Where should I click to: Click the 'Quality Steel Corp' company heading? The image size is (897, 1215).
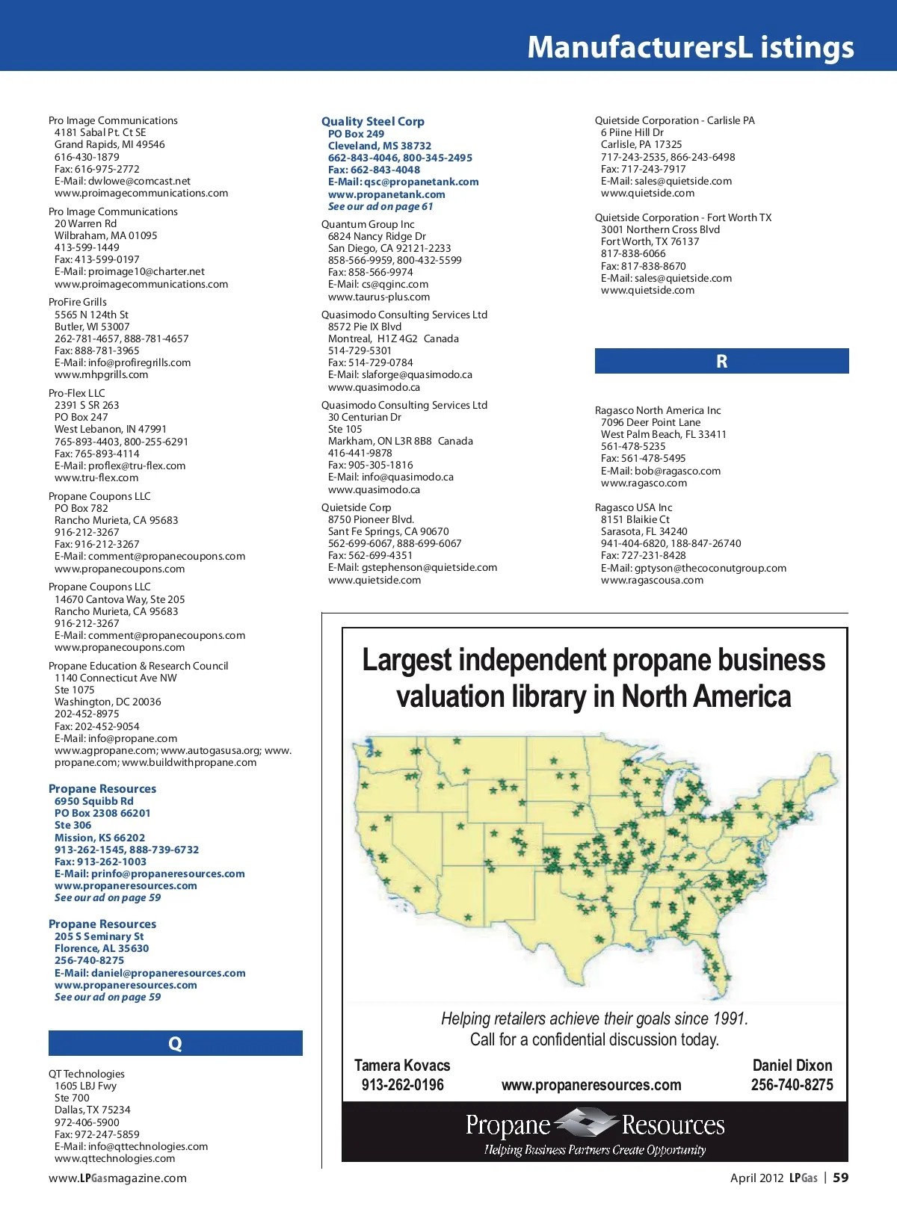[372, 121]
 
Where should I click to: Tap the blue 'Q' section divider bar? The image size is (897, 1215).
[175, 1043]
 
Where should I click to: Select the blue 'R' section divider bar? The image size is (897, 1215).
[721, 361]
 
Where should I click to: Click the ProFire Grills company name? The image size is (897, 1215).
[78, 302]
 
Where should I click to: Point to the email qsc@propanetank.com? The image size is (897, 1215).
[421, 182]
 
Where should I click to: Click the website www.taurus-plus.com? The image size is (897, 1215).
[378, 297]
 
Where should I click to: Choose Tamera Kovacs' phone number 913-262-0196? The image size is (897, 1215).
[402, 1085]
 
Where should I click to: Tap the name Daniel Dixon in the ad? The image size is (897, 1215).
[792, 1066]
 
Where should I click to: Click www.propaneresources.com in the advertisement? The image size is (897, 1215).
[591, 1085]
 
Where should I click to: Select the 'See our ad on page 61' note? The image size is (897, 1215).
[380, 206]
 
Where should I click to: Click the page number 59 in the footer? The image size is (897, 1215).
[841, 1178]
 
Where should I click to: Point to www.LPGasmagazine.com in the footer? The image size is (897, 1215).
[117, 1178]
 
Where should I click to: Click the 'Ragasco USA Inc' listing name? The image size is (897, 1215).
[633, 507]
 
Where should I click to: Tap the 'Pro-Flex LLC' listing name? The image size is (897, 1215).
[76, 393]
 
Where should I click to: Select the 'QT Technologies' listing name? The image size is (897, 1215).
[87, 1074]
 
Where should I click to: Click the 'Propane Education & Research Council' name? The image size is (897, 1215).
[138, 666]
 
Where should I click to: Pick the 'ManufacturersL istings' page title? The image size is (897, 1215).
[690, 46]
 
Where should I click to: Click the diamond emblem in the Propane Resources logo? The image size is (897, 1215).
[586, 1124]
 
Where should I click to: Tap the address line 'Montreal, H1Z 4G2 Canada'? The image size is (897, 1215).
[393, 338]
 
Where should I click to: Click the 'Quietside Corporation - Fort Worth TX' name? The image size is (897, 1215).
[682, 217]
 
